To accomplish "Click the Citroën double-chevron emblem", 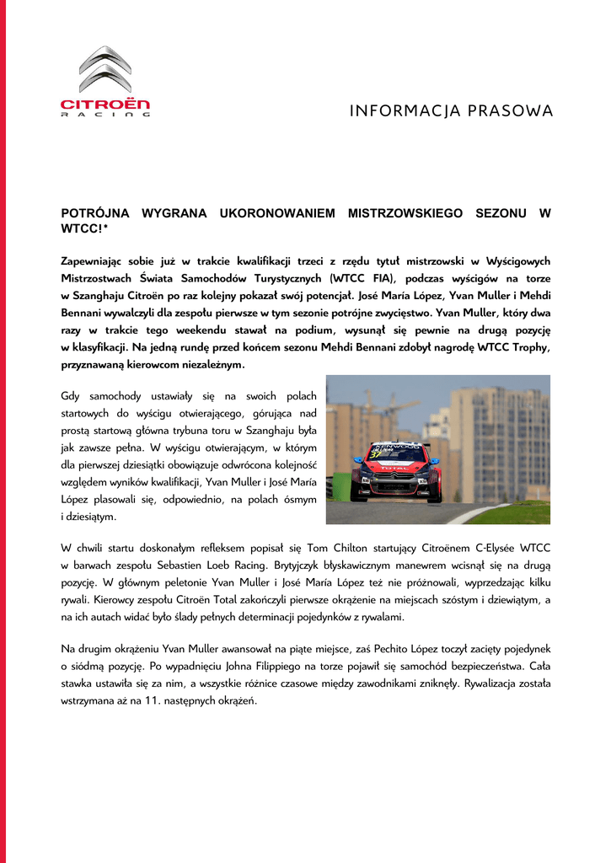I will tap(106, 69).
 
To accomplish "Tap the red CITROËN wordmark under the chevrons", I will tap(105, 105).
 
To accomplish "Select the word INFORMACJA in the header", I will tap(398, 111).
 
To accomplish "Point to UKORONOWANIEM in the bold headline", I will tap(277, 214).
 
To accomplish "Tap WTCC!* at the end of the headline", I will tap(85, 229).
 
